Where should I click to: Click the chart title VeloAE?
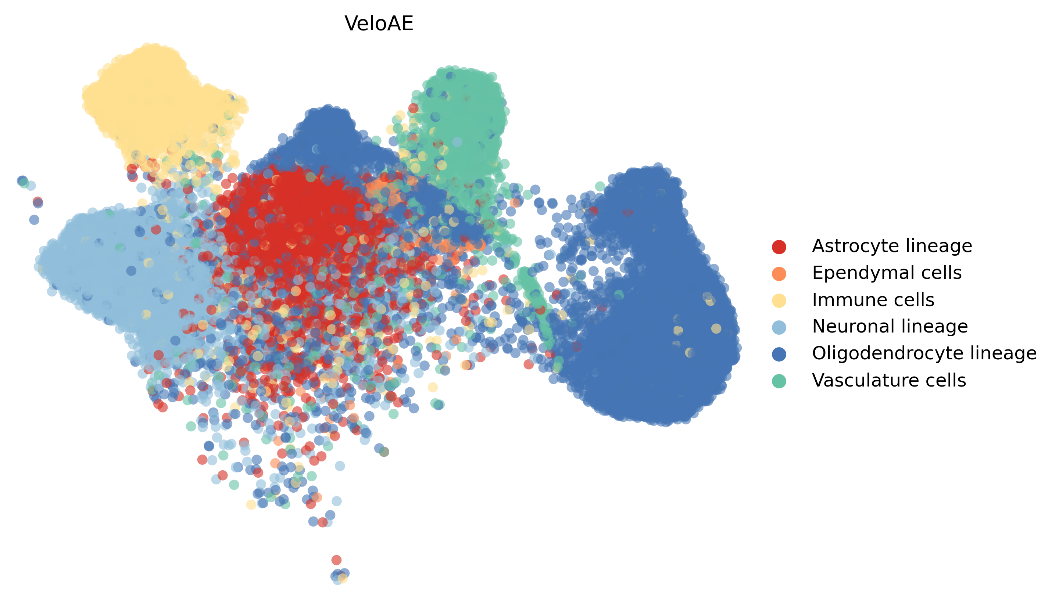click(378, 23)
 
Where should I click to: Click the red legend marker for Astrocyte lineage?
click(779, 247)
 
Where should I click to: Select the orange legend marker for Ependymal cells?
click(779, 274)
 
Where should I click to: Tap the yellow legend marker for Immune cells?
click(779, 301)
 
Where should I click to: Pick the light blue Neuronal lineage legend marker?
click(779, 327)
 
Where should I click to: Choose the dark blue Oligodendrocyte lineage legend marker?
click(779, 354)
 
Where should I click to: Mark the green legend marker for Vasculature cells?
click(779, 381)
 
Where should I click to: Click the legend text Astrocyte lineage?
click(892, 246)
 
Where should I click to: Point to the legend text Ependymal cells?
click(886, 273)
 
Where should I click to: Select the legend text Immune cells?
click(873, 300)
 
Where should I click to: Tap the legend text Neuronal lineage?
click(890, 327)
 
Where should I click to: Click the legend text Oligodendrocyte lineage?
click(924, 353)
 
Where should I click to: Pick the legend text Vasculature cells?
click(889, 380)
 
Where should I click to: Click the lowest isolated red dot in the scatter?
click(336, 560)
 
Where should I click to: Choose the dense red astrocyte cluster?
click(297, 218)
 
